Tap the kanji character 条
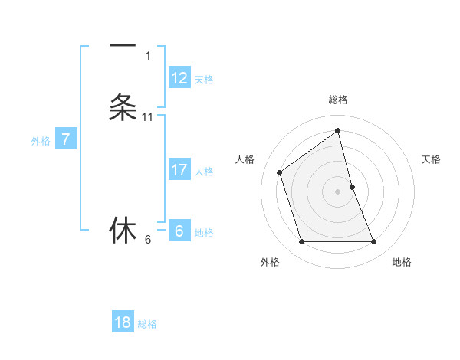point(123,107)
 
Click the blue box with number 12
point(179,78)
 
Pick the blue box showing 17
point(179,170)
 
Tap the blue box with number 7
point(66,139)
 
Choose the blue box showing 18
point(123,322)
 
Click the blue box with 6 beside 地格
point(179,231)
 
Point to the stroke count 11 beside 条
point(148,117)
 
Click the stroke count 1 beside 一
point(148,56)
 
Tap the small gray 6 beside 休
point(148,240)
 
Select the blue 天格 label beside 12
point(204,80)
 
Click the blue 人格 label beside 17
point(204,172)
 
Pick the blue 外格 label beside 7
point(41,141)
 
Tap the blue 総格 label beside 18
point(147,324)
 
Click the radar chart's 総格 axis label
point(338,100)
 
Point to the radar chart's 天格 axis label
point(432,159)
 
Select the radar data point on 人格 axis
point(280,172)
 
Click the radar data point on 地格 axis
point(374,242)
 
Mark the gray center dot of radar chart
point(338,191)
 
